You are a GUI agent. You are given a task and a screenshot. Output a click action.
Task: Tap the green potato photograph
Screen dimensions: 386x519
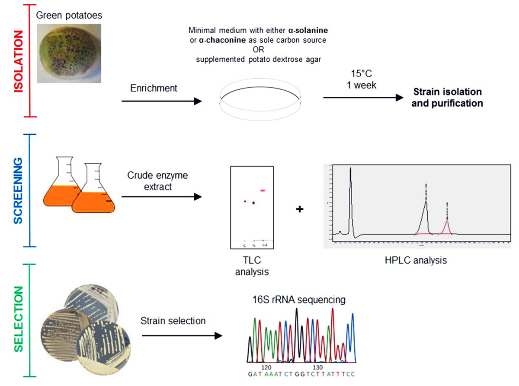coord(65,53)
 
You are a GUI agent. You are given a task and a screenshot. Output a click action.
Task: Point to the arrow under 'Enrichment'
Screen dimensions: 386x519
coord(161,101)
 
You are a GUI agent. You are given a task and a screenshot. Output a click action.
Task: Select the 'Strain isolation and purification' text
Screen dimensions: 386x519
coord(447,98)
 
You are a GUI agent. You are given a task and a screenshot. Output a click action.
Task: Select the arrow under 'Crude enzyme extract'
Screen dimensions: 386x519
coord(161,197)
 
